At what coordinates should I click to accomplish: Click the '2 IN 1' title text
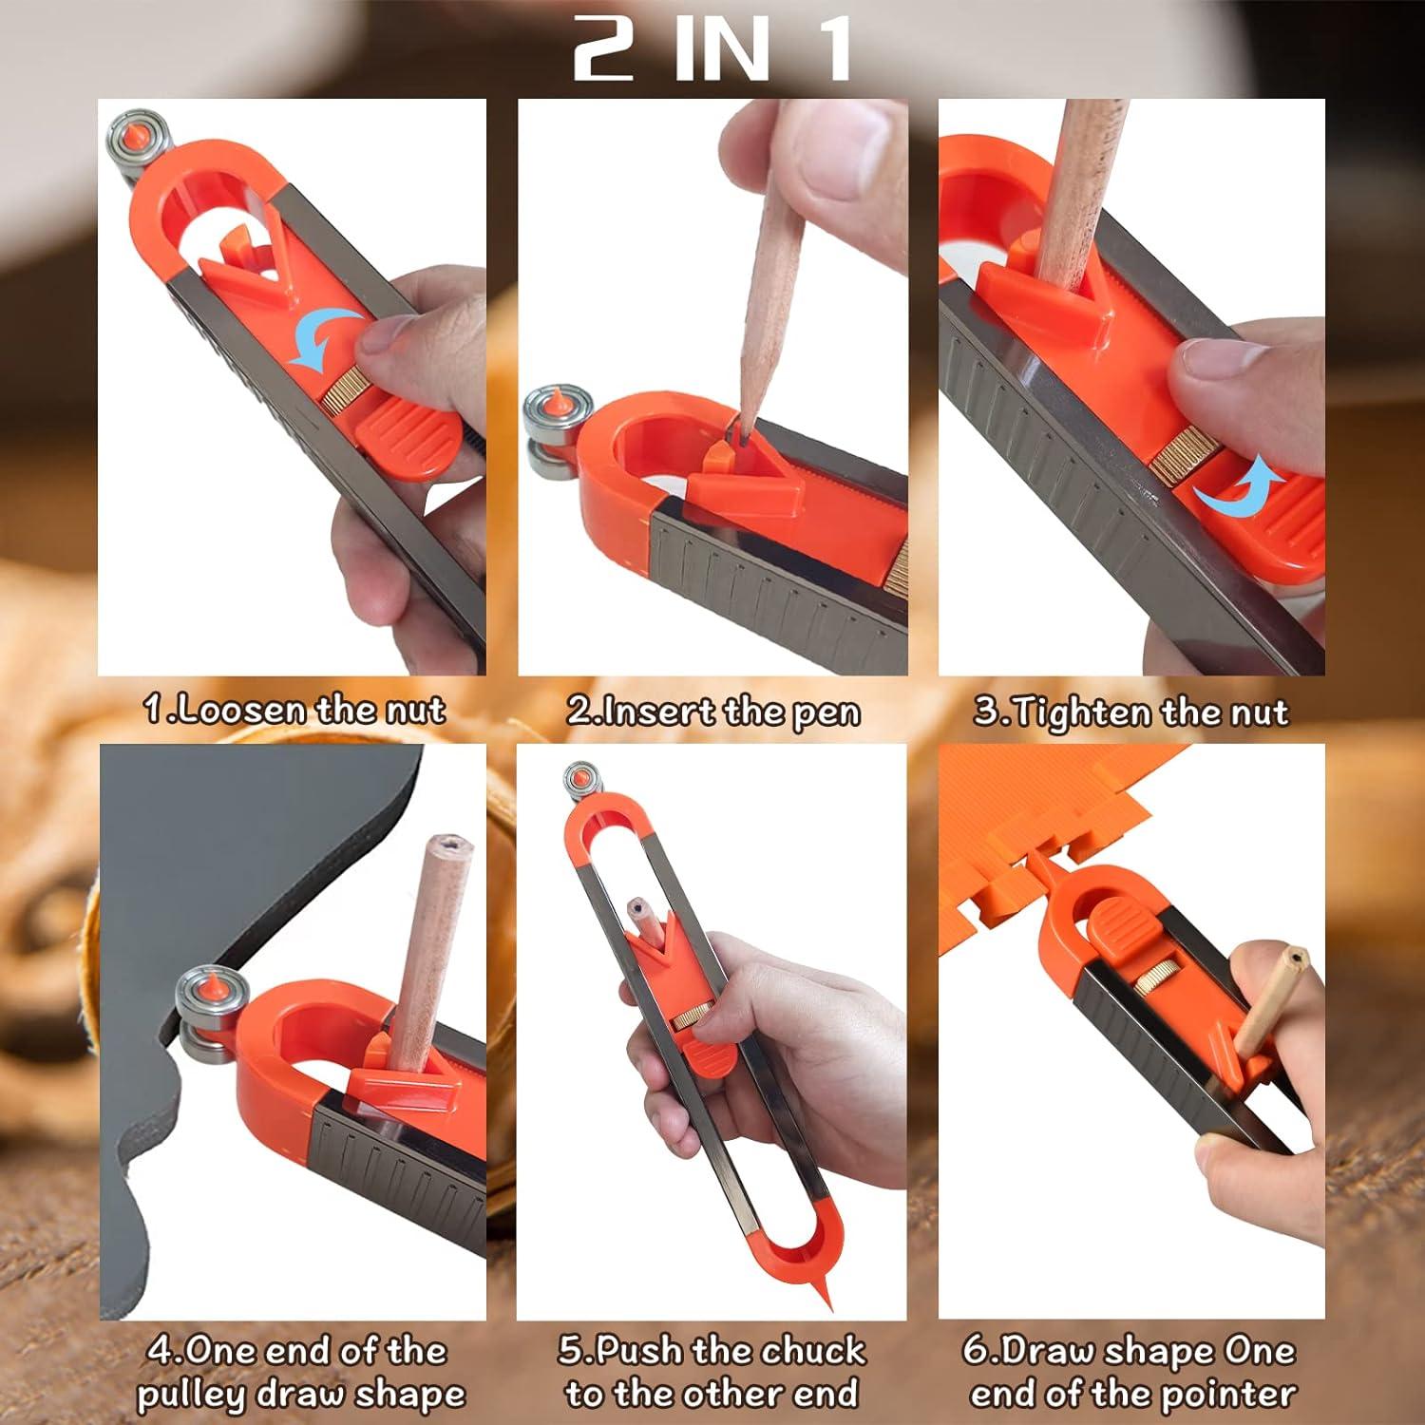(712, 49)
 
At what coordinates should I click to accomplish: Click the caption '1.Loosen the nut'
(294, 710)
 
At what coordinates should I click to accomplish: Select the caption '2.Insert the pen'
(712, 712)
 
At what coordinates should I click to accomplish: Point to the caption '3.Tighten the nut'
(1130, 712)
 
